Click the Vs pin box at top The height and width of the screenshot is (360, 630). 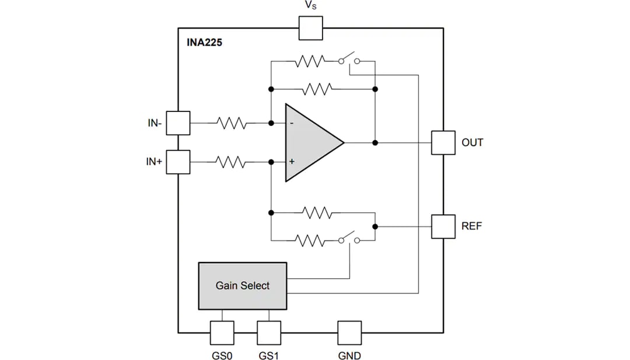[310, 28]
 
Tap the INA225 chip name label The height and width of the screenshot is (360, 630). [204, 43]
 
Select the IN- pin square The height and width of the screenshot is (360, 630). [178, 123]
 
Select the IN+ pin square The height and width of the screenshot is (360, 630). [178, 162]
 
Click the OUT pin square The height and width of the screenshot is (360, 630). [443, 142]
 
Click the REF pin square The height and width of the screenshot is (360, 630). [443, 226]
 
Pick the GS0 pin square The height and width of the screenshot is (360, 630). [222, 333]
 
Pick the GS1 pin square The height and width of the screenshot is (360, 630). [269, 333]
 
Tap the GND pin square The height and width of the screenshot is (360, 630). [349, 333]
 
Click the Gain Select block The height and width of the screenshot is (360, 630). [243, 286]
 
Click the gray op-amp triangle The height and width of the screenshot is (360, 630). [309, 142]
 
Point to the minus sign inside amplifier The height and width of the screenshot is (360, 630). [292, 123]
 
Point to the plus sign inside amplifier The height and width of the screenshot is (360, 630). [292, 162]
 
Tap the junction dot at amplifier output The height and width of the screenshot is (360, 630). [375, 142]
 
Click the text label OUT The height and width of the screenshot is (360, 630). [472, 142]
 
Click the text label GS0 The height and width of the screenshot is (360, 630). [222, 355]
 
